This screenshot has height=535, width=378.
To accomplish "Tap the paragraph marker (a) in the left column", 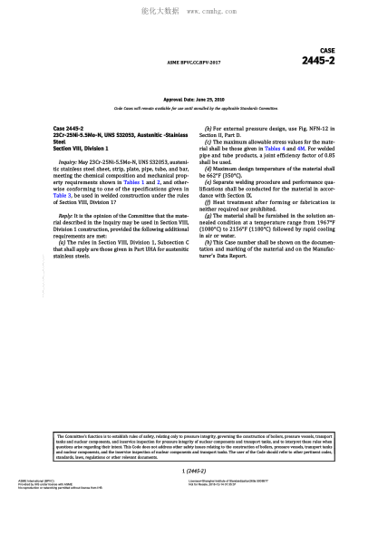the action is [x=61, y=242].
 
